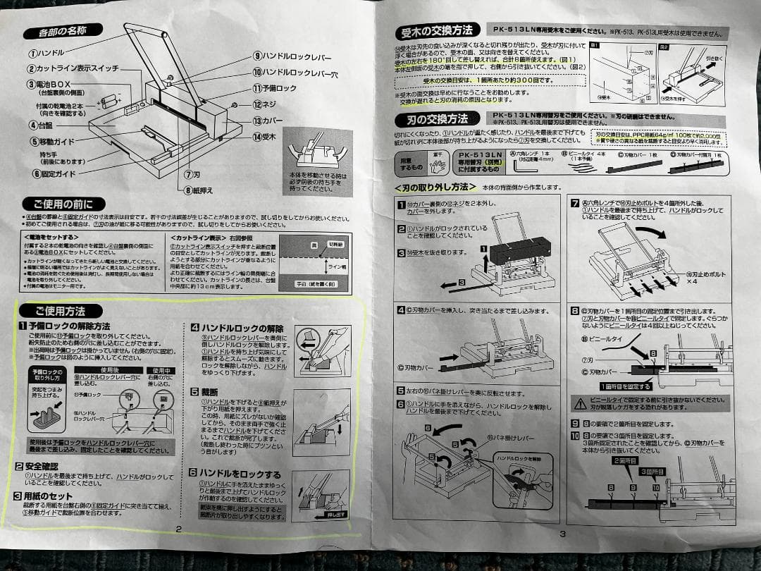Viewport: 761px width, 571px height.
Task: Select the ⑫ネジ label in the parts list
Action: [265, 104]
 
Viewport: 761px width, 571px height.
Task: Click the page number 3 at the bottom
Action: [562, 533]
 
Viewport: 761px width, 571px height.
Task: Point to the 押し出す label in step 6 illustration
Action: [335, 515]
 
